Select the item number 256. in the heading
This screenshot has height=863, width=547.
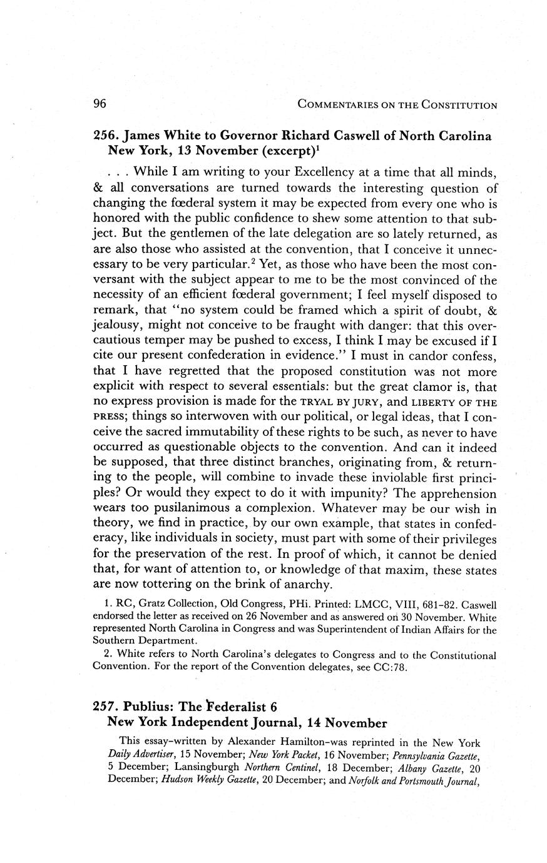106,136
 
